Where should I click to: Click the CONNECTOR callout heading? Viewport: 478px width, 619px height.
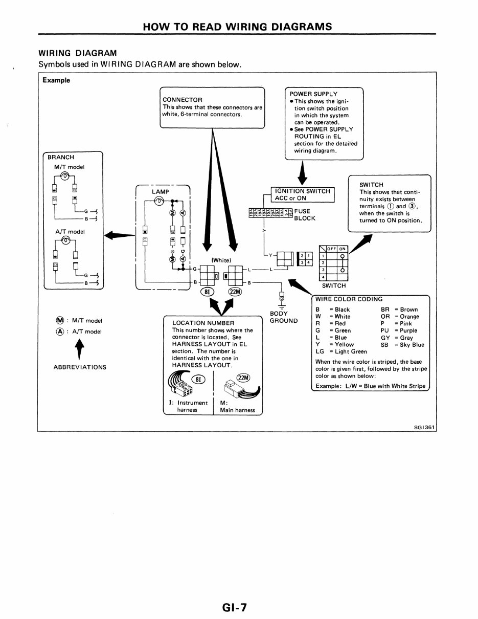[x=182, y=100]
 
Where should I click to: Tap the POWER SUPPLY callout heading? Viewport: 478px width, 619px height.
[x=313, y=94]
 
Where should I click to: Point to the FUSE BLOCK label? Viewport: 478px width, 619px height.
[x=305, y=214]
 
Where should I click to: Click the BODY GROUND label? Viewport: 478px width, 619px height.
[x=283, y=317]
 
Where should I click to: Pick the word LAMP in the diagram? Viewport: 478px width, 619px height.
[x=161, y=191]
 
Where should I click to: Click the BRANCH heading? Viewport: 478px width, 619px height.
[x=61, y=157]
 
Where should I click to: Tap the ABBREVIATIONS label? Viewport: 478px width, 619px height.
[x=80, y=367]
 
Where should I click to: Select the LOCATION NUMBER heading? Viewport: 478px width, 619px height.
[x=203, y=323]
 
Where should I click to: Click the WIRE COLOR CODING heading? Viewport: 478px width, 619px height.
[x=349, y=299]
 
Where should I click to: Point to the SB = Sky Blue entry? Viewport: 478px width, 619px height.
[x=402, y=345]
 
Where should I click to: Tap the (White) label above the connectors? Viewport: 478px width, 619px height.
[x=221, y=260]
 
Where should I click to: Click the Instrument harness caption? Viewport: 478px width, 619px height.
[x=188, y=406]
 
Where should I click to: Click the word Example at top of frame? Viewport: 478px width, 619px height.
[x=56, y=80]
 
